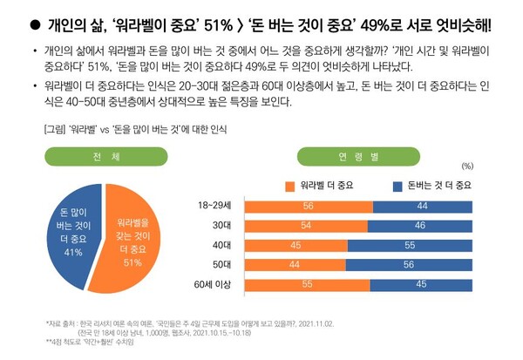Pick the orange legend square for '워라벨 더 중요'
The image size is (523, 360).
tap(291, 185)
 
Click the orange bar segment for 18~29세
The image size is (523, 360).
tap(307, 206)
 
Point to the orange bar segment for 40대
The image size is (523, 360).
tap(293, 245)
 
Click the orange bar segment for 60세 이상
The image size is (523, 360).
tap(306, 284)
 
